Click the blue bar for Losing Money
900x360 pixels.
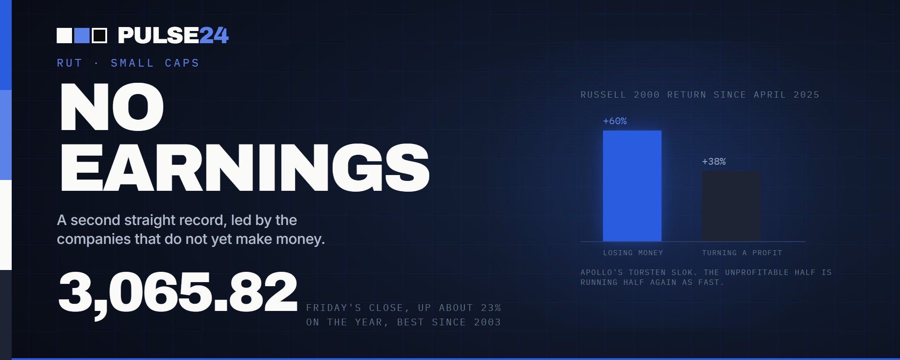[x=632, y=186]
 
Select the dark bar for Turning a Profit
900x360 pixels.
[x=731, y=206]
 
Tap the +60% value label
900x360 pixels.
[x=615, y=121]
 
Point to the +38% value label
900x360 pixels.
[x=714, y=162]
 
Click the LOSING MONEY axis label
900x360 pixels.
[x=633, y=253]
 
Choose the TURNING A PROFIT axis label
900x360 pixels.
[x=742, y=253]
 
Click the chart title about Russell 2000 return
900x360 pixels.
[x=700, y=95]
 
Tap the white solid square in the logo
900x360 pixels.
[x=64, y=36]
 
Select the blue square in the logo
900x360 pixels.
[x=82, y=36]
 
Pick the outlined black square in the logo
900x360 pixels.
[x=99, y=36]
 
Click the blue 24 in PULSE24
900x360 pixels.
[x=214, y=36]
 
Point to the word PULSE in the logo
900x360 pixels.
[x=158, y=36]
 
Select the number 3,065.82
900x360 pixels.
[x=178, y=293]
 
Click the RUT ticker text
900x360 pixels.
[x=70, y=63]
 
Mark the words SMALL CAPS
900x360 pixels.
[x=155, y=63]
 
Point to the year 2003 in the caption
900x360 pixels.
[x=487, y=322]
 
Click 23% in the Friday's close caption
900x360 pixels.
[x=491, y=308]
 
